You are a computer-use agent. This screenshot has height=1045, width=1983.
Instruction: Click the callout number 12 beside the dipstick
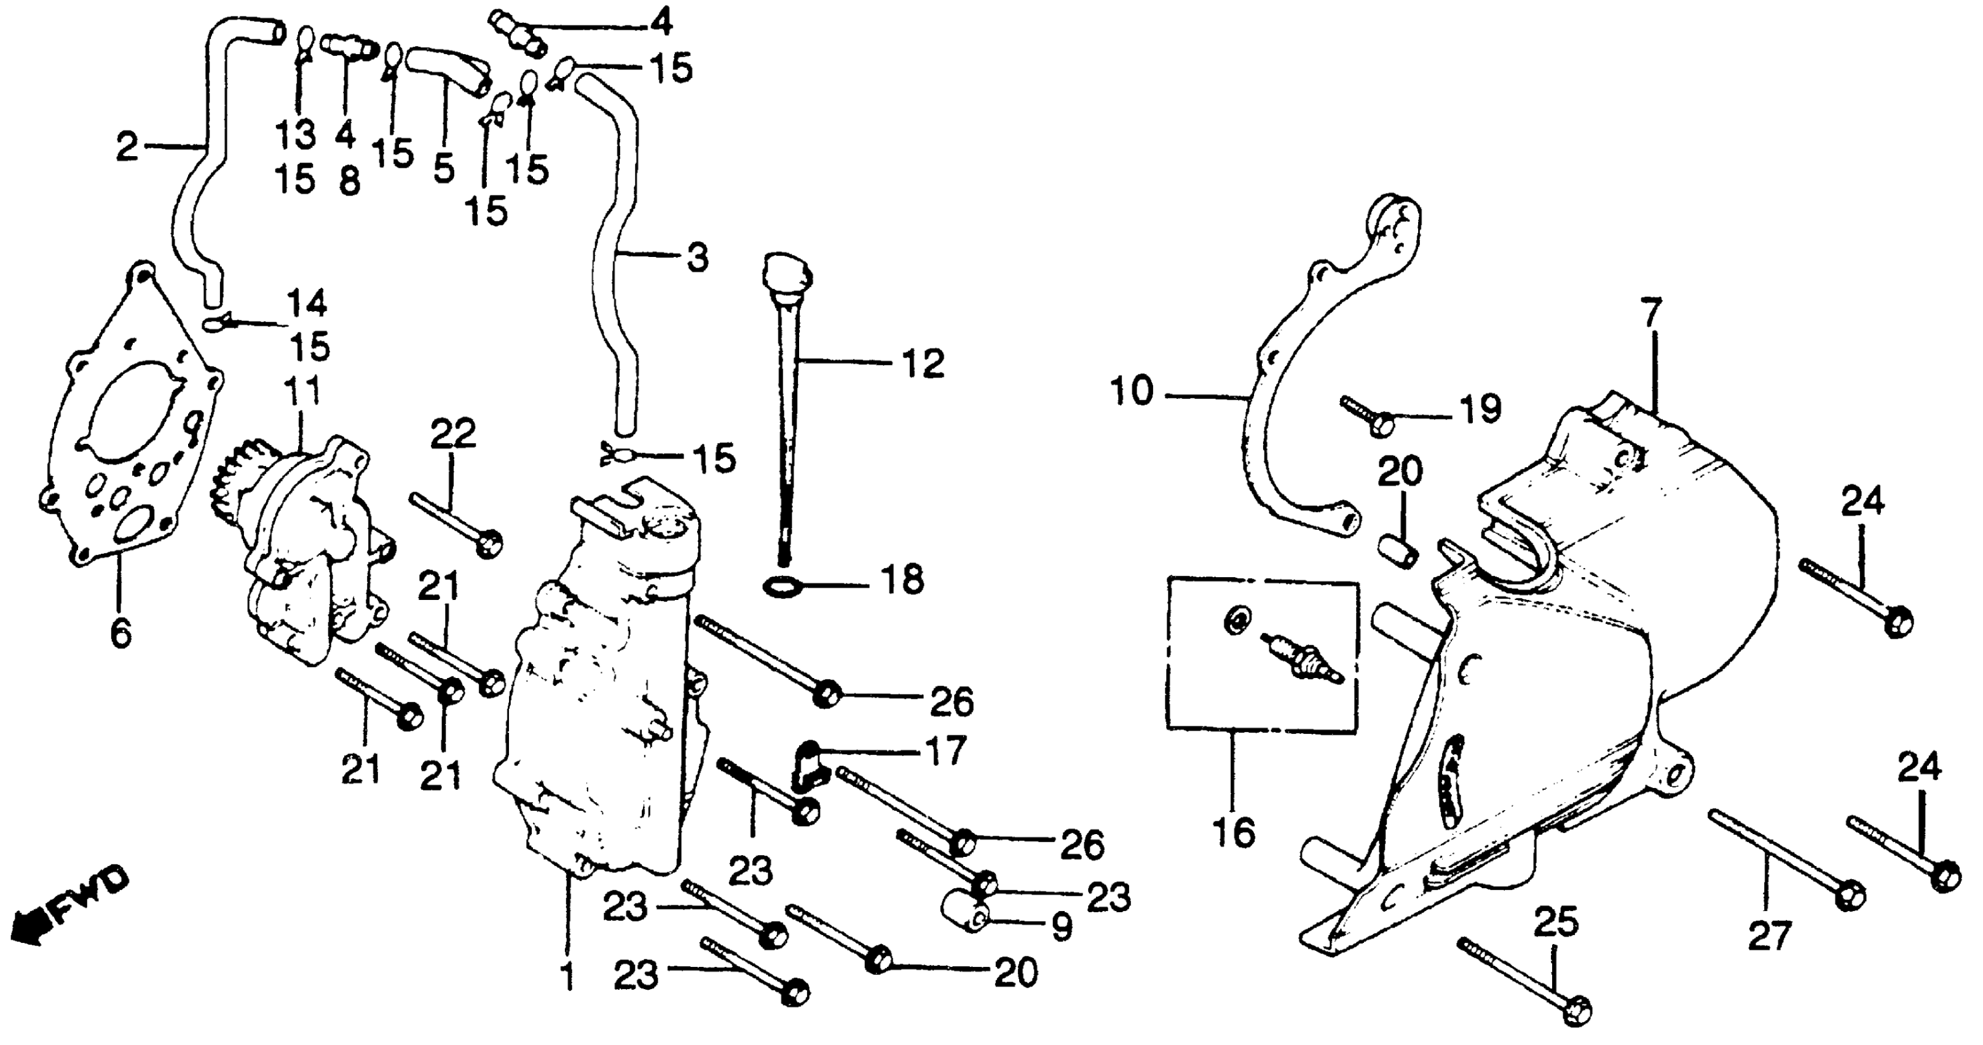click(923, 363)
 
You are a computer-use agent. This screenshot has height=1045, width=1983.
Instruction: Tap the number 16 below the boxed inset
click(1234, 832)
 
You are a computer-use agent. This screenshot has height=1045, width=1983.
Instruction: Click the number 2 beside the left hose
click(127, 146)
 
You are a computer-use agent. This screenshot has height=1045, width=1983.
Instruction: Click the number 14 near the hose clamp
click(306, 304)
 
